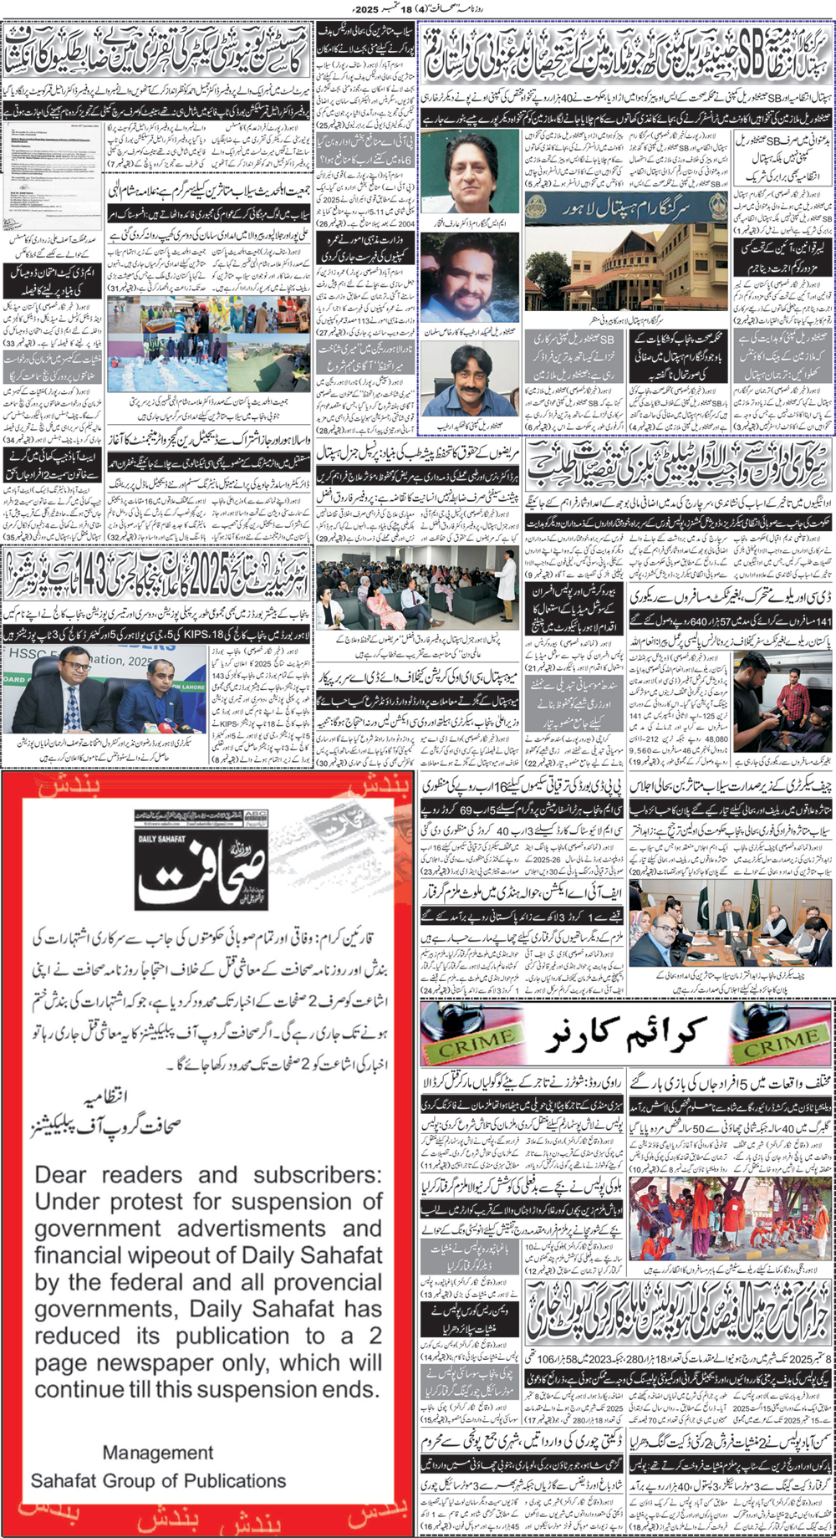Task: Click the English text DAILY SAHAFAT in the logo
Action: tap(161, 839)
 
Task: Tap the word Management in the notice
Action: tap(158, 1453)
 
